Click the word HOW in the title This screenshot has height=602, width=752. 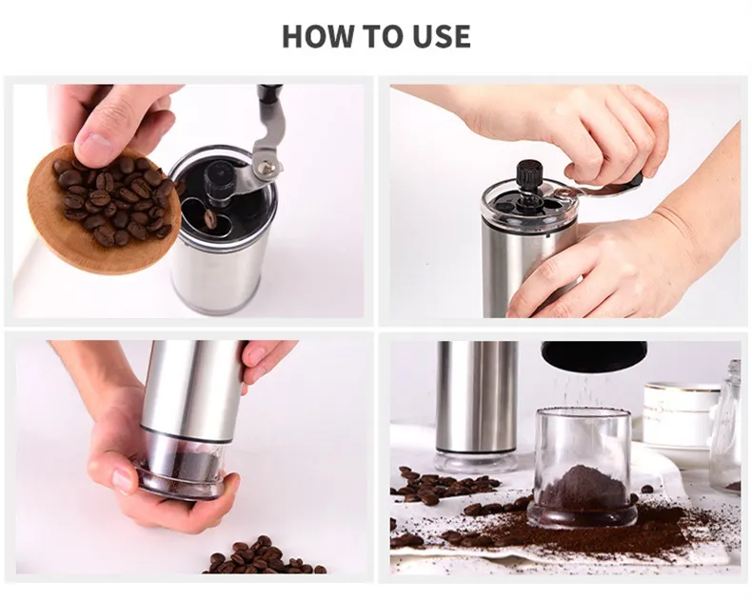318,36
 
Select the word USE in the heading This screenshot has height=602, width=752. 437,36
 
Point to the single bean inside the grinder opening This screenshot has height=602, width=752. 209,218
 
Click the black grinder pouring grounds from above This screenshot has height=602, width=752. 594,355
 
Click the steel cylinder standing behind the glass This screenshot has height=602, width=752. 476,400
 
